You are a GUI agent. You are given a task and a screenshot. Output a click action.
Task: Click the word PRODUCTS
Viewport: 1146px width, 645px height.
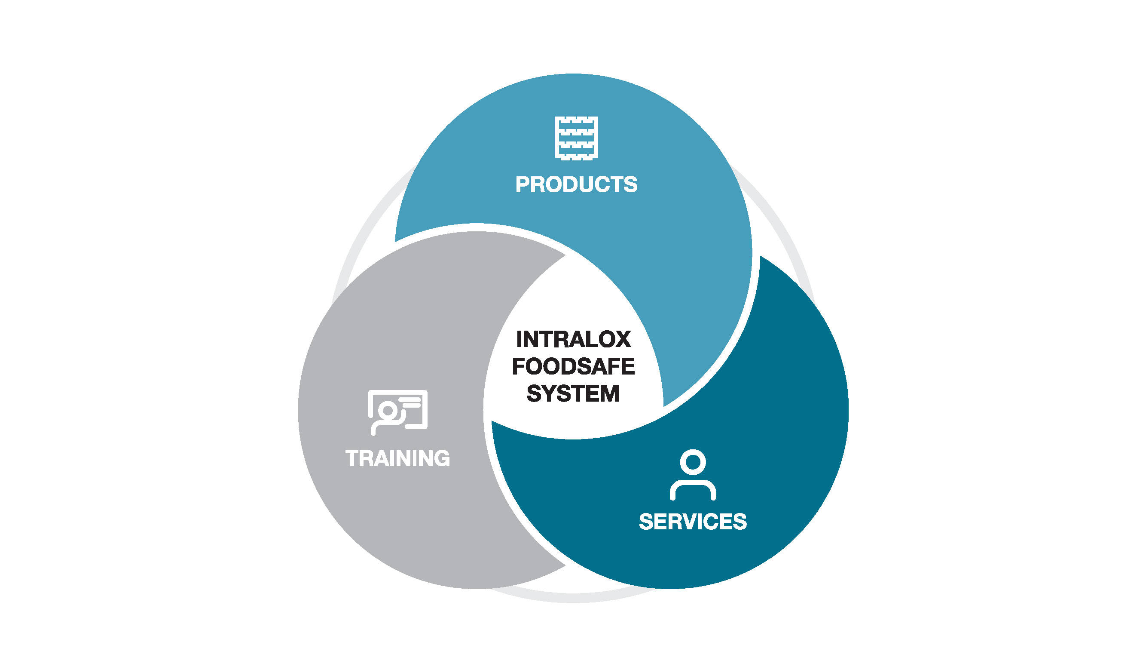click(576, 184)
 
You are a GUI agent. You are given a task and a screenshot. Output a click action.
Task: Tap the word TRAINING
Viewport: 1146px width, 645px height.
click(398, 458)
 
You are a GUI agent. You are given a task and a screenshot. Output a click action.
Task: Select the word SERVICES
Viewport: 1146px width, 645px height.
click(693, 522)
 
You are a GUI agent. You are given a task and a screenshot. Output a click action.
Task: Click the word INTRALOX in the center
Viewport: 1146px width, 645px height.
click(574, 339)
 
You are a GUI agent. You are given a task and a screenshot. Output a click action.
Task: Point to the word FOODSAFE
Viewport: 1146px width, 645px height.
click(574, 366)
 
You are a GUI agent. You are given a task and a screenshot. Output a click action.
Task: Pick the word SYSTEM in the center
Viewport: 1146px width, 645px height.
click(574, 393)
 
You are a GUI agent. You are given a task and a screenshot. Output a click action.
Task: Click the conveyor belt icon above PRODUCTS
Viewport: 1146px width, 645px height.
click(577, 138)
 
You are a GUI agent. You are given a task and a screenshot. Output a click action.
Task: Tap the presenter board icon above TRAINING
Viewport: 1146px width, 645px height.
click(398, 412)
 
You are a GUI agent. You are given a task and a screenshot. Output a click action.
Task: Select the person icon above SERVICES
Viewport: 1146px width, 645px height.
click(693, 475)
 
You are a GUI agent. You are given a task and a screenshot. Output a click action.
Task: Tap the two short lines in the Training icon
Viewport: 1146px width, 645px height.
click(411, 402)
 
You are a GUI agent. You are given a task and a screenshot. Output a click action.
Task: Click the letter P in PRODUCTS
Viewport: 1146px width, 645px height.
click(523, 184)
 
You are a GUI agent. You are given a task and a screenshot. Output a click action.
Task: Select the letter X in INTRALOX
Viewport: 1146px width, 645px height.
click(621, 339)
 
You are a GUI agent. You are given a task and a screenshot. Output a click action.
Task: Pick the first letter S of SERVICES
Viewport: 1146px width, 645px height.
click(647, 522)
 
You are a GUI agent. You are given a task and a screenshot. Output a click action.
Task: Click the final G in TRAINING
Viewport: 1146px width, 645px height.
click(441, 458)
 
